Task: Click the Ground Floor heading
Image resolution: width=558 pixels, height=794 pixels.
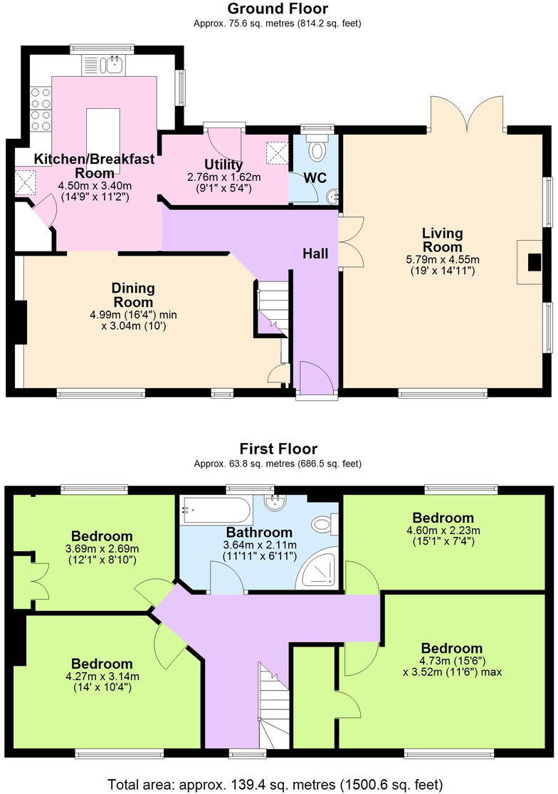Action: [x=278, y=9]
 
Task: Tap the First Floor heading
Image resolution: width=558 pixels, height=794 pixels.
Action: [x=278, y=449]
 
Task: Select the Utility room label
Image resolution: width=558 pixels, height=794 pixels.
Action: [x=223, y=164]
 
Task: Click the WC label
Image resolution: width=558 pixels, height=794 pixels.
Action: [x=315, y=178]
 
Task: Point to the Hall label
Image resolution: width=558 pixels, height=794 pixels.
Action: [x=315, y=254]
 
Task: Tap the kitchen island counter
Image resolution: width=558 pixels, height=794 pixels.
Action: [x=103, y=141]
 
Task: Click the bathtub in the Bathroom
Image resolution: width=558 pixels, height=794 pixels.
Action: [x=216, y=510]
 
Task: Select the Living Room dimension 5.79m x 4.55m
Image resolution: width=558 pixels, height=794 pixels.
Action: [x=443, y=260]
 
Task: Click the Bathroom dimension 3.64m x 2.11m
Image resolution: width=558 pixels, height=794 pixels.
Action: [x=260, y=545]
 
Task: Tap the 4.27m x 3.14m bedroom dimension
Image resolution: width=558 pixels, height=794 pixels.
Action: [x=102, y=676]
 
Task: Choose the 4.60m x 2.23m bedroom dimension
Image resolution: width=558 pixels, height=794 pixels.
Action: [x=443, y=531]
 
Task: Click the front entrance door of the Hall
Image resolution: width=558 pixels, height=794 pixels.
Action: [x=315, y=377]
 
